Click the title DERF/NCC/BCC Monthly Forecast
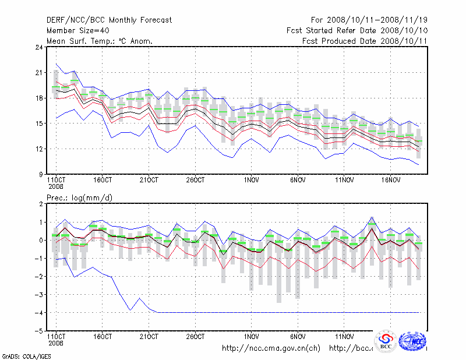[x=109, y=20]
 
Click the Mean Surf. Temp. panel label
[x=100, y=41]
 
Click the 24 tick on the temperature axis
[x=39, y=47]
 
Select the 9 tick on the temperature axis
[x=41, y=174]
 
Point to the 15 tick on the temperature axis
[x=39, y=123]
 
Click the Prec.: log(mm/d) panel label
[x=79, y=198]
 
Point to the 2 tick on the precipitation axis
[x=41, y=204]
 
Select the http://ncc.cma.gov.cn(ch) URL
[x=271, y=348]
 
